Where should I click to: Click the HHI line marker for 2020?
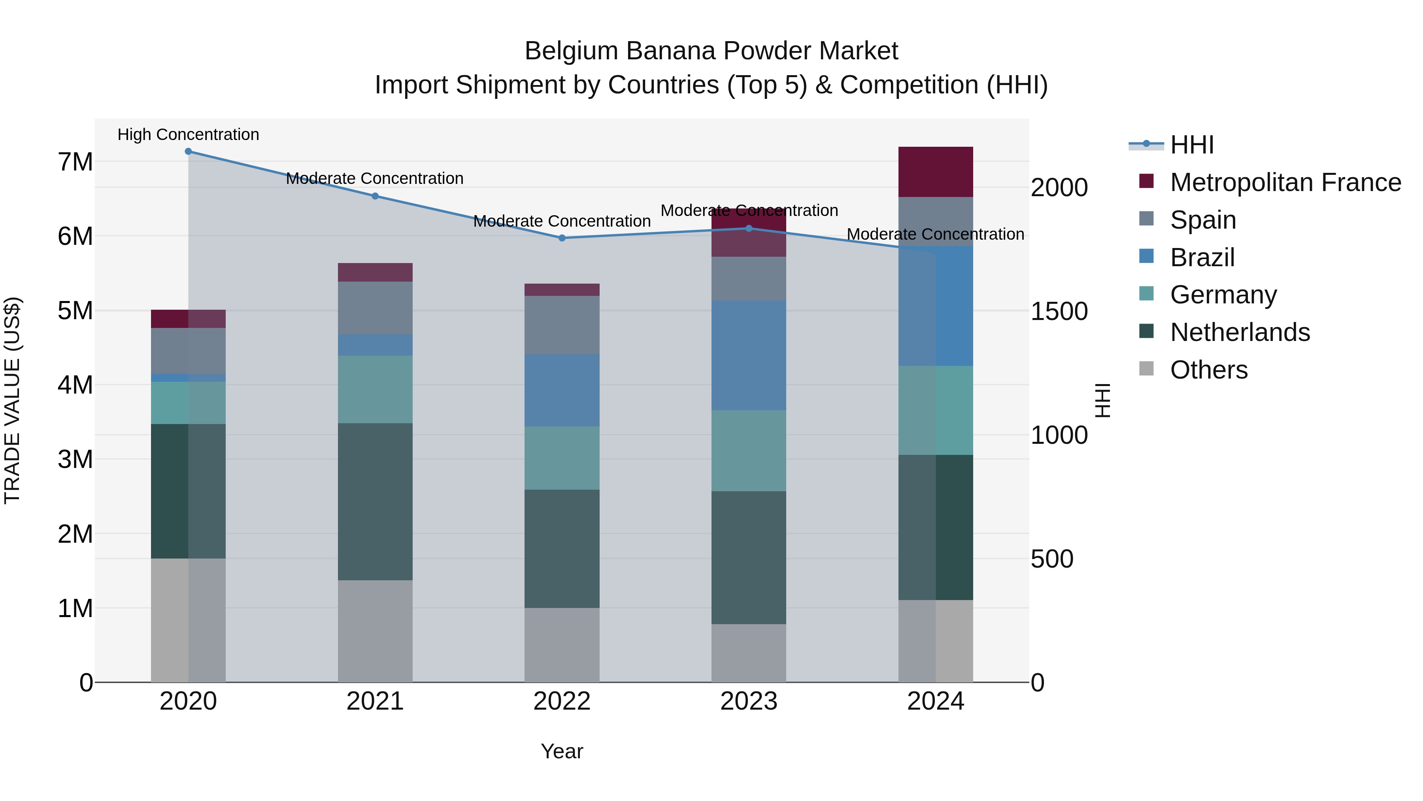pos(189,151)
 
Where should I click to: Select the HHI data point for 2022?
pos(562,238)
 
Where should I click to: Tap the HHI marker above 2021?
pos(375,196)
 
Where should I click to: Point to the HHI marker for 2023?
pos(749,228)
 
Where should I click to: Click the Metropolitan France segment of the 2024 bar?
pos(935,172)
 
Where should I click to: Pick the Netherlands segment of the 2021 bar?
pos(375,502)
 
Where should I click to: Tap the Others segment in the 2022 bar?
pos(562,645)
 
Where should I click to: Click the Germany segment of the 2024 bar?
pos(935,410)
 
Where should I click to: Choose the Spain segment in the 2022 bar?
pos(562,325)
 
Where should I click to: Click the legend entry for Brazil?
pos(1202,258)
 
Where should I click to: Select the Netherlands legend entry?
pos(1240,333)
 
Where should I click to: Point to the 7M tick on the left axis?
pos(75,163)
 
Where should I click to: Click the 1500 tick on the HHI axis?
pos(1059,311)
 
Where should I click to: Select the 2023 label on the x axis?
pos(749,701)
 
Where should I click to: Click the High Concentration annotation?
pos(189,135)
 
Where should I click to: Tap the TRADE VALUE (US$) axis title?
pos(12,400)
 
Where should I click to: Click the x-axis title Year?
pos(562,751)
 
